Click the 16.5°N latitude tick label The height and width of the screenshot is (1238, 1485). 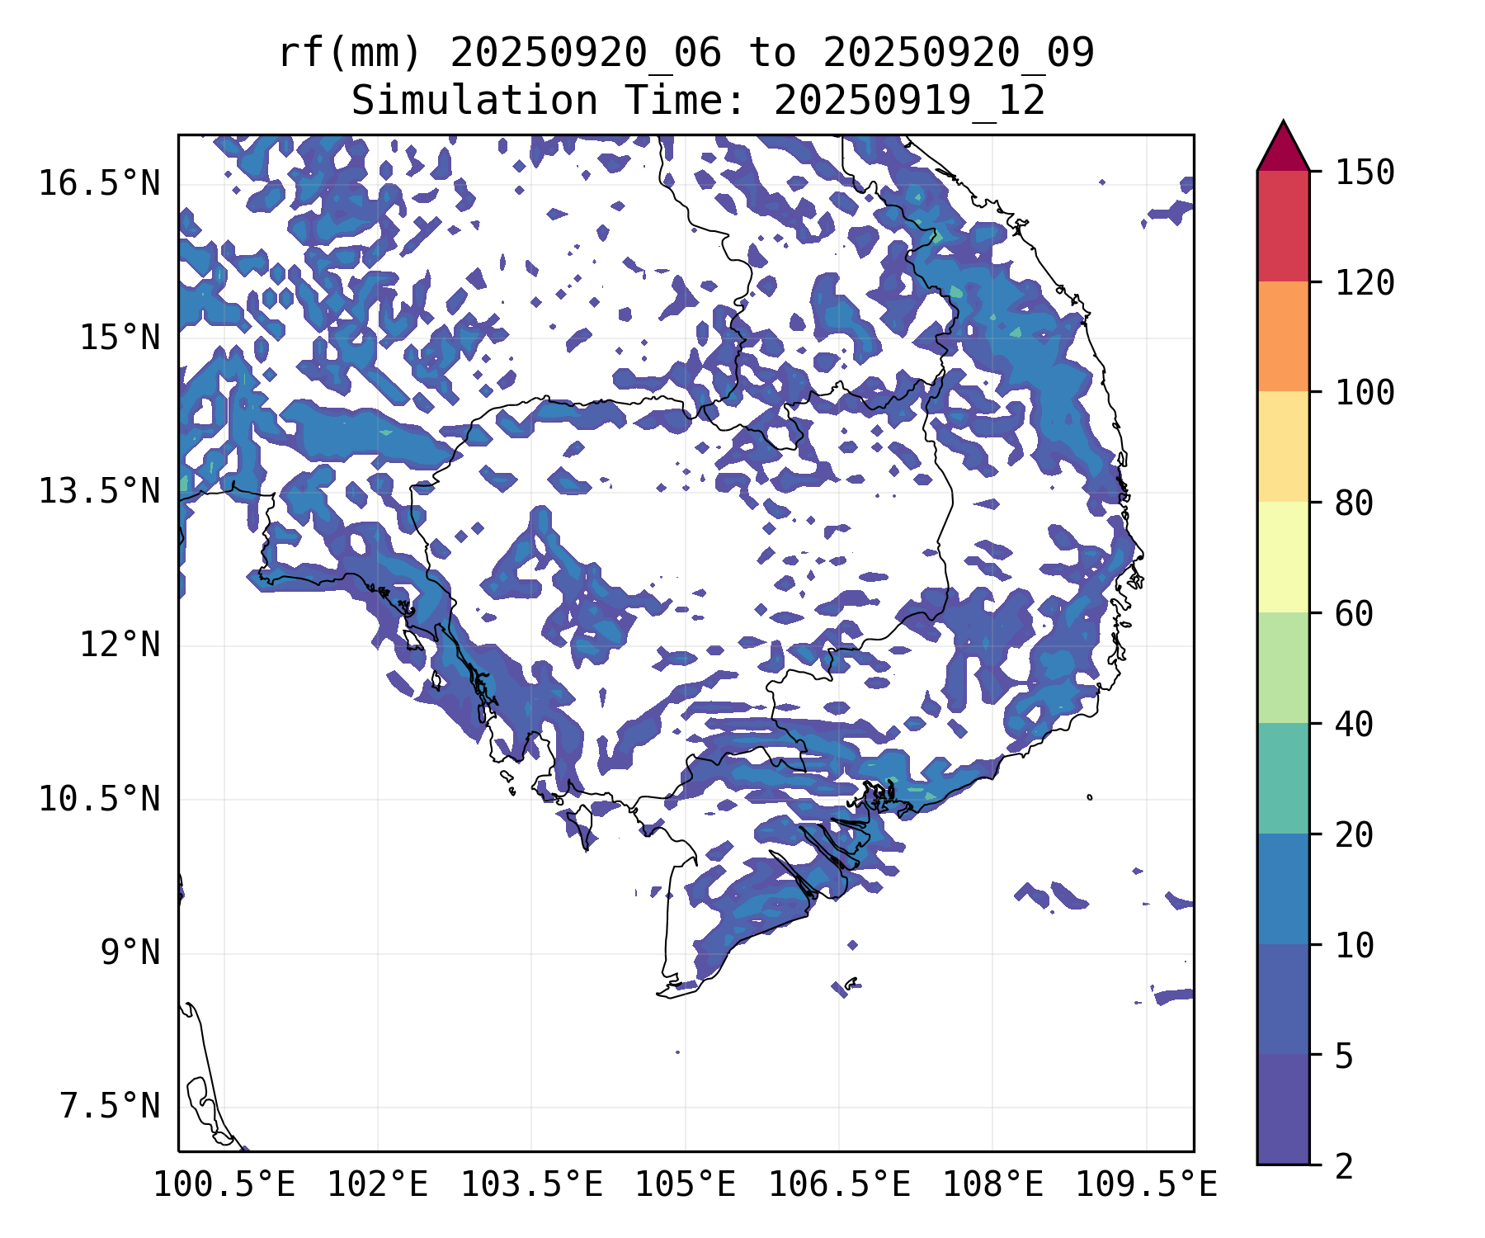point(99,183)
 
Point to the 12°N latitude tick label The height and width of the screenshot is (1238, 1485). point(120,645)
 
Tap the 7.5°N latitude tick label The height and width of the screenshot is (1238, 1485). point(110,1106)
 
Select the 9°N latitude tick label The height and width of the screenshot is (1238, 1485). point(130,952)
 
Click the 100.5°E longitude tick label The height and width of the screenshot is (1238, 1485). point(224,1184)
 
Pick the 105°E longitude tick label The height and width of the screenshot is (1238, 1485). point(685,1184)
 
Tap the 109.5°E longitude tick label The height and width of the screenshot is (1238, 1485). point(1146,1184)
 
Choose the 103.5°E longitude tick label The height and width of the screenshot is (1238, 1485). point(531,1184)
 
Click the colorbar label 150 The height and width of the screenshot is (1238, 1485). point(1365,172)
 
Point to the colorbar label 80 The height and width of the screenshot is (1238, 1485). point(1354,503)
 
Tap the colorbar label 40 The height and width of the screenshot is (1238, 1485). point(1354,724)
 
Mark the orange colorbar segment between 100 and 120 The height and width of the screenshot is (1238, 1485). point(1283,336)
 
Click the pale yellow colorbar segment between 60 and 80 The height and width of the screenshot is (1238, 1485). point(1283,557)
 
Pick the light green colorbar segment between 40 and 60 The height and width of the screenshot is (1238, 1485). point(1283,668)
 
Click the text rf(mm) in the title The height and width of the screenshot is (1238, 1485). point(350,54)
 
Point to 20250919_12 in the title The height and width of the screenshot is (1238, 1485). point(909,102)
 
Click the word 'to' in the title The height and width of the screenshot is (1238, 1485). point(772,54)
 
